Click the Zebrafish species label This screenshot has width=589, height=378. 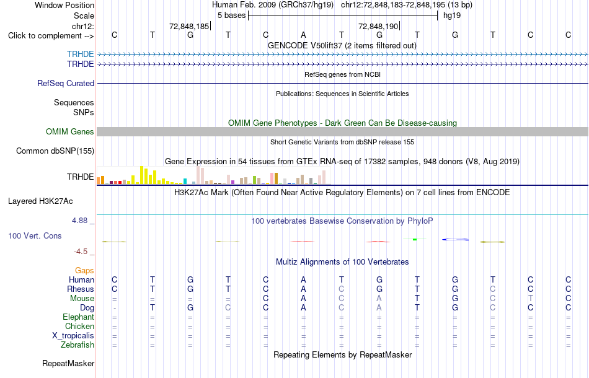77,345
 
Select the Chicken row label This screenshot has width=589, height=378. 79,326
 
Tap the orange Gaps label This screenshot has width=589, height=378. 84,270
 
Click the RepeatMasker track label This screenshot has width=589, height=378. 68,363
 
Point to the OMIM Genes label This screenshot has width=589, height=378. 70,132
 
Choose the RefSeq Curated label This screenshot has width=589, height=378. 66,83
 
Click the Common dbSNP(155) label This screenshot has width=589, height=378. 55,151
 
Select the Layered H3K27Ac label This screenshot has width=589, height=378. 40,201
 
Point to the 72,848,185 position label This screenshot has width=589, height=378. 189,26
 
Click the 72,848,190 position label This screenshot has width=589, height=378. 378,26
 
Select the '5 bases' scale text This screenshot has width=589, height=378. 232,15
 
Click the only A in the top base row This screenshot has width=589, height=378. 304,35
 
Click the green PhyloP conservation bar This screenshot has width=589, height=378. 415,239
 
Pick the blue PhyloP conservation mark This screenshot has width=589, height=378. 455,239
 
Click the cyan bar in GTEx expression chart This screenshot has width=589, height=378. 185,181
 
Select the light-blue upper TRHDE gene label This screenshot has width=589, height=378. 81,54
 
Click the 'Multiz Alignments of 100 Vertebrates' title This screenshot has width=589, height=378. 342,262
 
